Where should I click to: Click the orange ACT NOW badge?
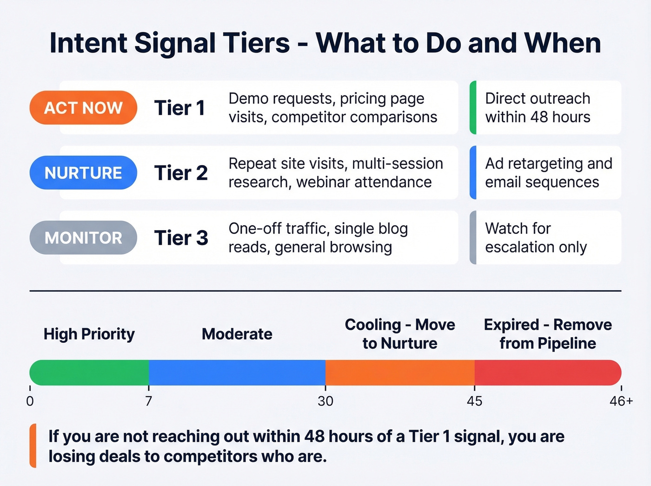tap(83, 108)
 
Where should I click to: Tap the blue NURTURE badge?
tap(83, 173)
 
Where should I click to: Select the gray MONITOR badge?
tap(83, 238)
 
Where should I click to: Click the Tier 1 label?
tap(179, 108)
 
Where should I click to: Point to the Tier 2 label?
tap(181, 173)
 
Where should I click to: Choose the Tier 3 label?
tap(181, 238)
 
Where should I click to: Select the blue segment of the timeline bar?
tap(237, 373)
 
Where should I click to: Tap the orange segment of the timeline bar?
tap(400, 373)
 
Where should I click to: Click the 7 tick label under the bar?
tap(148, 401)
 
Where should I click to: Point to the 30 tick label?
tap(325, 401)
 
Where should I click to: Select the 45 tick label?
tap(474, 401)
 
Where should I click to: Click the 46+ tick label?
tap(621, 401)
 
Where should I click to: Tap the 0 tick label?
tap(30, 401)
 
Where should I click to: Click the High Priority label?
tap(89, 334)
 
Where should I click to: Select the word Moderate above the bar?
tap(237, 334)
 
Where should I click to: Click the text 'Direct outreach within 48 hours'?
tap(538, 108)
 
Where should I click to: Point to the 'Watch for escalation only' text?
tap(536, 238)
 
